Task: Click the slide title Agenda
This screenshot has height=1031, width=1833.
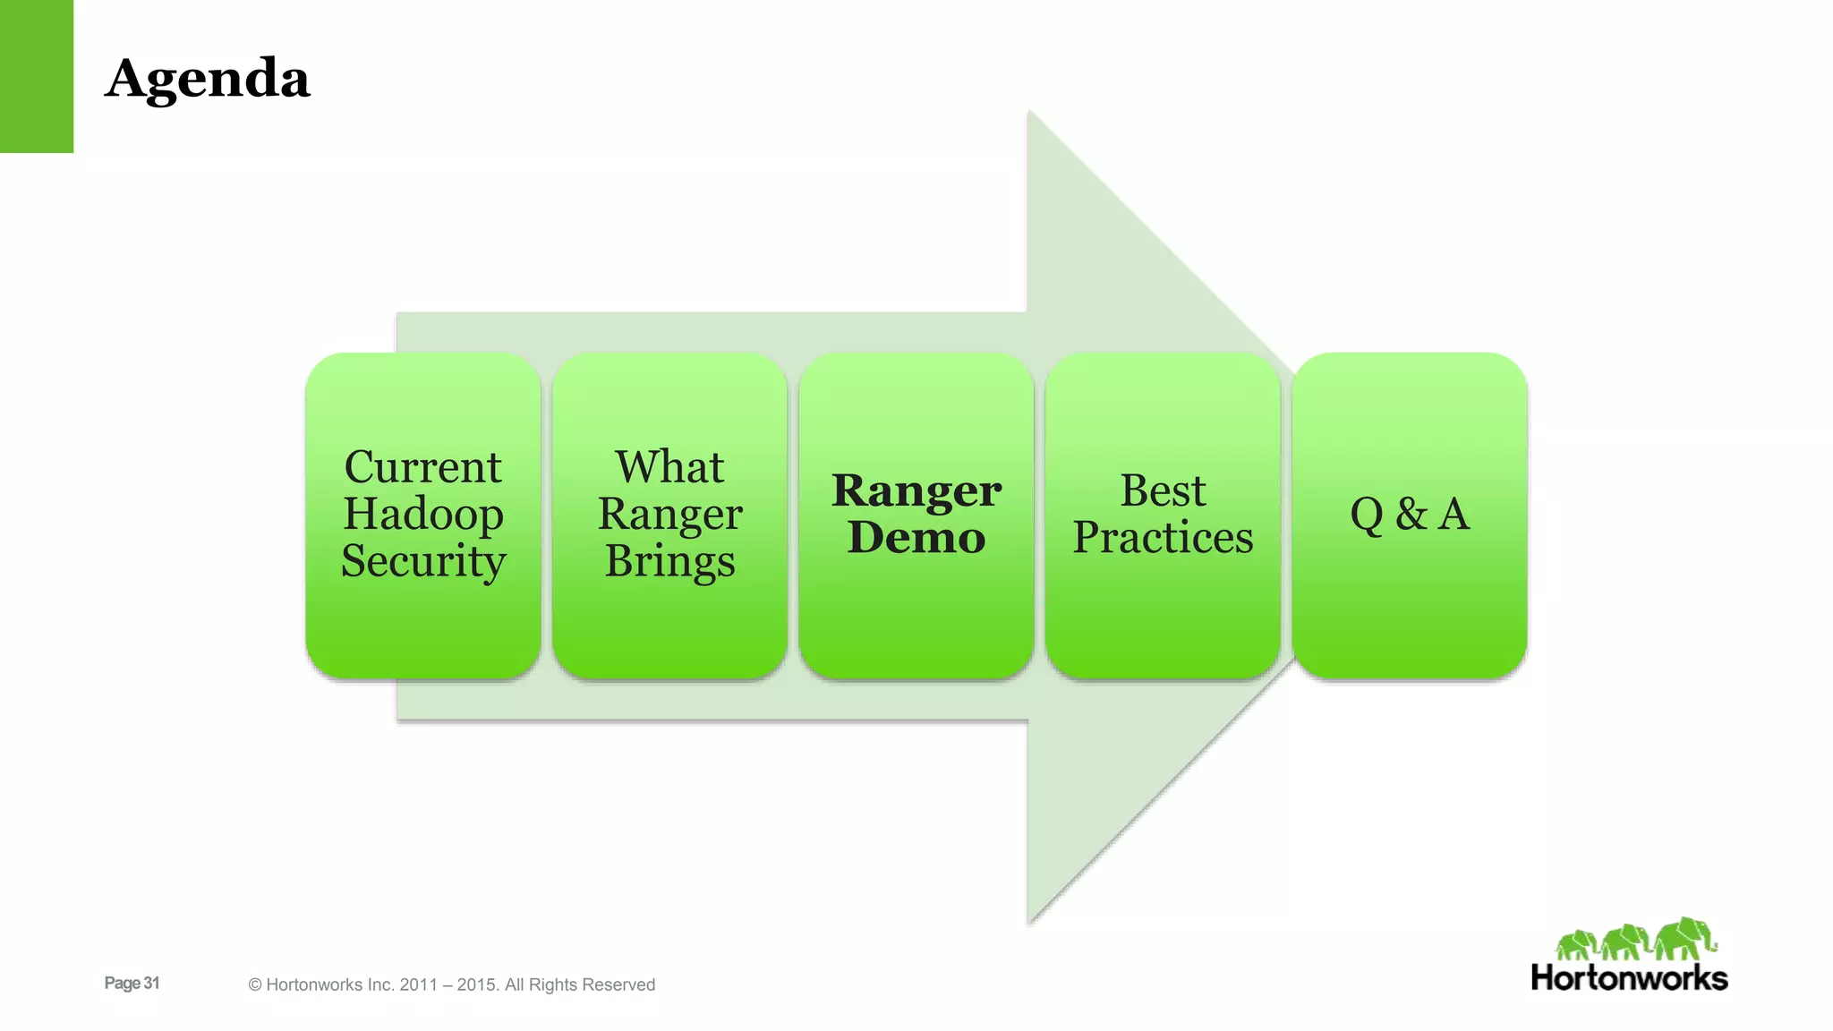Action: (x=208, y=79)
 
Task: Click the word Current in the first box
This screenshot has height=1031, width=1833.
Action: (x=423, y=467)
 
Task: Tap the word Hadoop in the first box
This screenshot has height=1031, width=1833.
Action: (x=423, y=514)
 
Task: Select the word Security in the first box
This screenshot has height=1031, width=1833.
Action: (x=423, y=561)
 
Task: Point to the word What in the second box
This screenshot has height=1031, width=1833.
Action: (x=669, y=467)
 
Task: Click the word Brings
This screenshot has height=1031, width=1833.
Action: (x=669, y=562)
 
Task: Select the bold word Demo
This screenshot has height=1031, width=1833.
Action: (x=916, y=538)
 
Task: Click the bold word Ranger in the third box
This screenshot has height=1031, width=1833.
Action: (x=916, y=490)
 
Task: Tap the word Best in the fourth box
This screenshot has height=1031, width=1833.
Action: (x=1163, y=490)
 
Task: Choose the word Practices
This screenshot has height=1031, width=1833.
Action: (x=1163, y=538)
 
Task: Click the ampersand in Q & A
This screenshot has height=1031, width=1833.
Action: (x=1411, y=515)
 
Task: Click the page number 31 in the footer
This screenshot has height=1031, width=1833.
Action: (x=151, y=983)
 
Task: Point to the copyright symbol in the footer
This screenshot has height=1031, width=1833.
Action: (x=255, y=985)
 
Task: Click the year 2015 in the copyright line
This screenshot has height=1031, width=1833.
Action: (x=476, y=984)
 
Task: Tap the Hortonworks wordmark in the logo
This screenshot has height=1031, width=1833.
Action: (x=1629, y=978)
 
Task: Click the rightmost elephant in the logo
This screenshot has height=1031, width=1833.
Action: (x=1685, y=939)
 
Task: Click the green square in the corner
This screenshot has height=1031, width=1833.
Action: (x=37, y=76)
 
